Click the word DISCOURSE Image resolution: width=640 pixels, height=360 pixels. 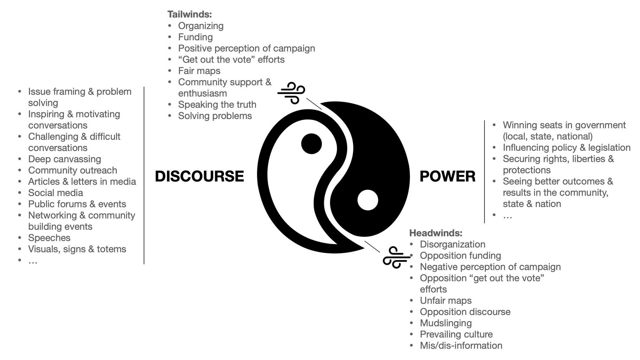(199, 176)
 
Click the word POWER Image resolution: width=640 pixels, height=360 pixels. (447, 176)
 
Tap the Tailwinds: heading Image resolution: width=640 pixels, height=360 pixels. (189, 14)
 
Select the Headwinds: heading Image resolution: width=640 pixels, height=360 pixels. (436, 233)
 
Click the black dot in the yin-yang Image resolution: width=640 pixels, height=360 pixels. (311, 144)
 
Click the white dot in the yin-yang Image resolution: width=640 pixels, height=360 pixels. (368, 200)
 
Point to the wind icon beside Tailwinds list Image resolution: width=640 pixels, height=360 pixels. (291, 93)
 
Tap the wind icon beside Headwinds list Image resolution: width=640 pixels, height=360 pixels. (396, 257)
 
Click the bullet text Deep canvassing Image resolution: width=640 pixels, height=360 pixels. (64, 159)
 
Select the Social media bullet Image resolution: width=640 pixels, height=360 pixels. (55, 193)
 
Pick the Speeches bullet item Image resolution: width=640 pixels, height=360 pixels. (49, 238)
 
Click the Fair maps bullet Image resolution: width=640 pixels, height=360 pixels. (199, 71)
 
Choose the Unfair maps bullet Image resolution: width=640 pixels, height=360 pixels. (445, 300)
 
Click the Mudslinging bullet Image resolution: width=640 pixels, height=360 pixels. (445, 323)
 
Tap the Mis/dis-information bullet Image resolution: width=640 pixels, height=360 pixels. (461, 346)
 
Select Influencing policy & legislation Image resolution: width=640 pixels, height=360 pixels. (566, 148)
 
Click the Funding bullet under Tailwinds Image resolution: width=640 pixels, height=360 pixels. (195, 37)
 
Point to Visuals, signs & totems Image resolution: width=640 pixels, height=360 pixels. (77, 249)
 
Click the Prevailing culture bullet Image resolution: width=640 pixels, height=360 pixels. (456, 334)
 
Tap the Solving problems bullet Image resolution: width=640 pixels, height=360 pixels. (215, 116)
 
